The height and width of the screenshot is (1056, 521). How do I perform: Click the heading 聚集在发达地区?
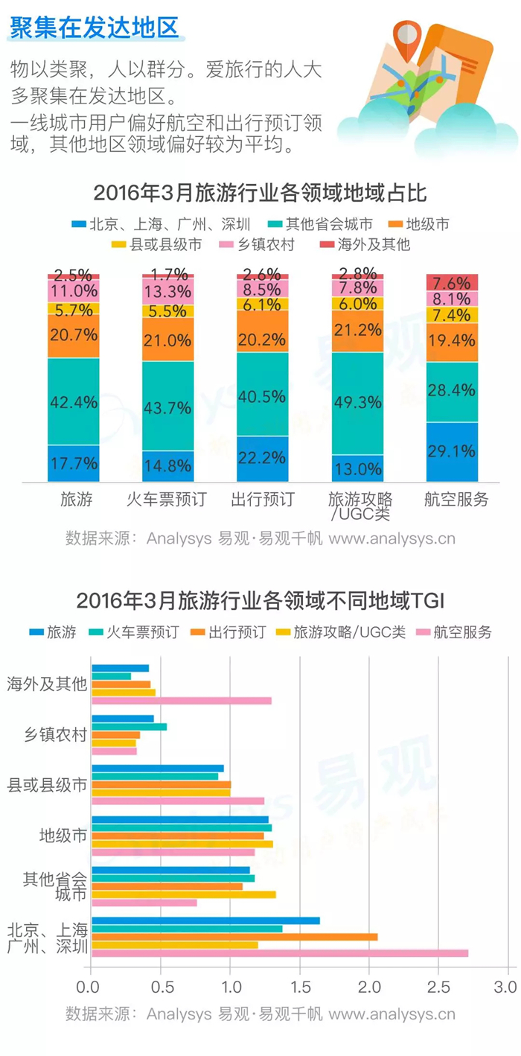click(x=95, y=28)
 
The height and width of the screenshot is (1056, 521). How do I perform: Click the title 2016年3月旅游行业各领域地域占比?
click(x=260, y=193)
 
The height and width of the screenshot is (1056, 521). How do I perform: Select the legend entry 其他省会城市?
click(x=320, y=224)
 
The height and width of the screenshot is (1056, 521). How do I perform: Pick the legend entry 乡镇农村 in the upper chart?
click(x=258, y=244)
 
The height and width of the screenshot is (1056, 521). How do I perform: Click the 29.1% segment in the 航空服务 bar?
click(x=452, y=451)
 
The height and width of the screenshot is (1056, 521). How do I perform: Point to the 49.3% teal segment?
click(x=357, y=404)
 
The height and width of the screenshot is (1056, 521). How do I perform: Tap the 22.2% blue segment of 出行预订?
click(x=262, y=458)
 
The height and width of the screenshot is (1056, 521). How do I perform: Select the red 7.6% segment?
click(x=452, y=282)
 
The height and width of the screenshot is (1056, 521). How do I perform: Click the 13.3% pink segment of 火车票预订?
click(x=167, y=292)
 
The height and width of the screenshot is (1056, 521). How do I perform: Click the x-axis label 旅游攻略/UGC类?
click(x=360, y=506)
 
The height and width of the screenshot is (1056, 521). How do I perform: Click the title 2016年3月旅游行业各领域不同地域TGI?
click(x=260, y=601)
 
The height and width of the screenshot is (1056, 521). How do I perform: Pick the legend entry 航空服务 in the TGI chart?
click(x=454, y=632)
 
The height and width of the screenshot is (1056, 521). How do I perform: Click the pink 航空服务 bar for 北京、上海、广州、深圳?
click(x=280, y=952)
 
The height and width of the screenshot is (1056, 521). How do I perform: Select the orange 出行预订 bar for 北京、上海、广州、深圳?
click(x=234, y=937)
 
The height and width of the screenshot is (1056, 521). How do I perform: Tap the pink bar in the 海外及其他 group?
click(x=182, y=701)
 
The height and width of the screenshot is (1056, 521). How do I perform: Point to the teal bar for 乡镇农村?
click(x=129, y=727)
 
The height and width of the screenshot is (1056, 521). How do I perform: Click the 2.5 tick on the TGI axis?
click(x=438, y=987)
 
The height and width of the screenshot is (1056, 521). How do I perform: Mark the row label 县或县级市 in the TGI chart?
click(x=47, y=785)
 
